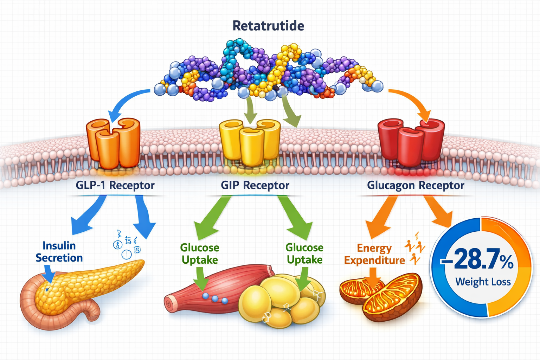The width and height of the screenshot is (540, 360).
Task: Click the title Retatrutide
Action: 268,26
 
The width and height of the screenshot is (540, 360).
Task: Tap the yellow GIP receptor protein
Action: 250,142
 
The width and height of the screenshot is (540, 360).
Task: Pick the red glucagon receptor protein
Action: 411,142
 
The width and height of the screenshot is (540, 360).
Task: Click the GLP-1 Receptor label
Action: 115,185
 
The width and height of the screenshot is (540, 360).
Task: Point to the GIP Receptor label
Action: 255,185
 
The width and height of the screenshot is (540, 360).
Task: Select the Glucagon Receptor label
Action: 416,185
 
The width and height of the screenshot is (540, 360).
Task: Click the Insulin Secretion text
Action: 59,252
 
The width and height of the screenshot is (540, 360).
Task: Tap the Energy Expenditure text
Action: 374,254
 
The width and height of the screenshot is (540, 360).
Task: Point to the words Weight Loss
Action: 483,282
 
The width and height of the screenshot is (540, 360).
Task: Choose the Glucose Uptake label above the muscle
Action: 199,254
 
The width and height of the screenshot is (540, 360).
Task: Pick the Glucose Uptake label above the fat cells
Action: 304,254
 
